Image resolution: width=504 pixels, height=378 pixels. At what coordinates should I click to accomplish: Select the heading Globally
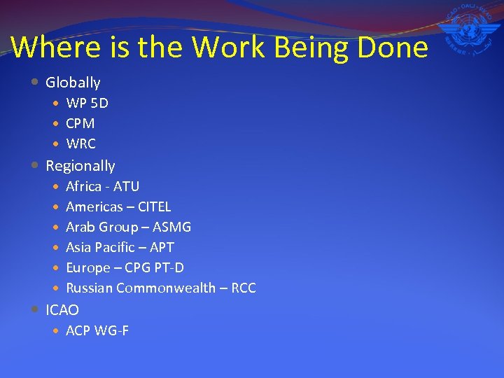coord(73,83)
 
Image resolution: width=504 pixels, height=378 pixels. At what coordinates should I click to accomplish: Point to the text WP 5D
coord(87,104)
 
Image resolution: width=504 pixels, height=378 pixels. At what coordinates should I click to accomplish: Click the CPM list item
coord(80,124)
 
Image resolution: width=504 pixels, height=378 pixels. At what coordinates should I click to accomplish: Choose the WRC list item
coord(80,144)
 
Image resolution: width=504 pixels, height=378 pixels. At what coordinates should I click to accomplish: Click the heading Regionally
coord(80,166)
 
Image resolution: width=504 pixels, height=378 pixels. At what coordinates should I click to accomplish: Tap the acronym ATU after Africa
coord(126,186)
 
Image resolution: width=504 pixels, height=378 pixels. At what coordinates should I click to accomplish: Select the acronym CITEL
coord(155,206)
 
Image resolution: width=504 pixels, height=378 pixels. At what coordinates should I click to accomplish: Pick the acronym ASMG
coord(173,227)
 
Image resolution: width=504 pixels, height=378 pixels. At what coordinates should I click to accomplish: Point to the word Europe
coord(88,267)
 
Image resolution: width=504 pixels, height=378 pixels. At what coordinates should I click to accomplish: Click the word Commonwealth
coord(166,288)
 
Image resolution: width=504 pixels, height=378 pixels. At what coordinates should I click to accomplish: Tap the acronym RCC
coord(244,288)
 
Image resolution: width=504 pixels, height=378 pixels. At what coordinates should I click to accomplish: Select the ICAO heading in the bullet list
coord(62,309)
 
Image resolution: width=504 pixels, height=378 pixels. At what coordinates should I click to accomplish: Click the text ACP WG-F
coord(97,330)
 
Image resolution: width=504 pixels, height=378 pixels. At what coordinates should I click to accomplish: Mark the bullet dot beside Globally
coord(36,82)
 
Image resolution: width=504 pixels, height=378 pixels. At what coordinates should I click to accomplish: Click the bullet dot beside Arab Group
coord(56,227)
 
